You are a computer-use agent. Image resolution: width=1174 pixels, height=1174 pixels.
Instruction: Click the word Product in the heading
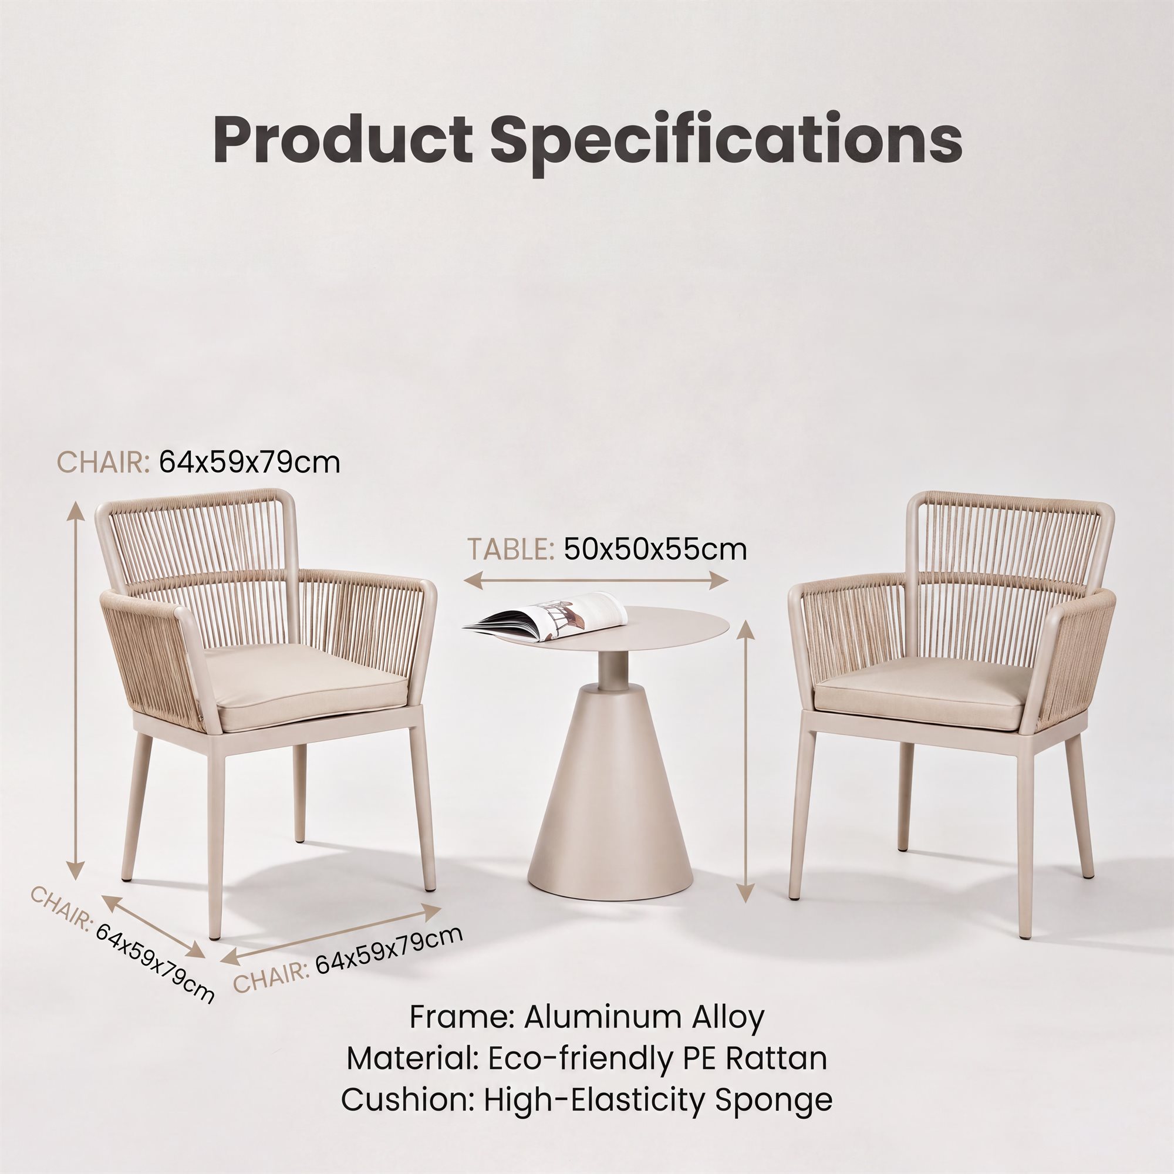pos(343,139)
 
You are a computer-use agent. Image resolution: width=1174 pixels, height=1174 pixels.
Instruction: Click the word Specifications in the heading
pos(726,143)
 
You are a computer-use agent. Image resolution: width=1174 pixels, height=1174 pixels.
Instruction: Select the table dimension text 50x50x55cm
pos(655,549)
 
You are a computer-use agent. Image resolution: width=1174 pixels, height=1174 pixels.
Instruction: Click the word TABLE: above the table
pos(511,549)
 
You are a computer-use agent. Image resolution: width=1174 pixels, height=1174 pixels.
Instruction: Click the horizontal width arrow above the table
pos(595,581)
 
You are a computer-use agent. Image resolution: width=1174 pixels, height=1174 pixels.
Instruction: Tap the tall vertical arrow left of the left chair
pos(75,690)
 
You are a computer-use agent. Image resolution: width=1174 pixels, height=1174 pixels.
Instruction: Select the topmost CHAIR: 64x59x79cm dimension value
pos(249,463)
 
